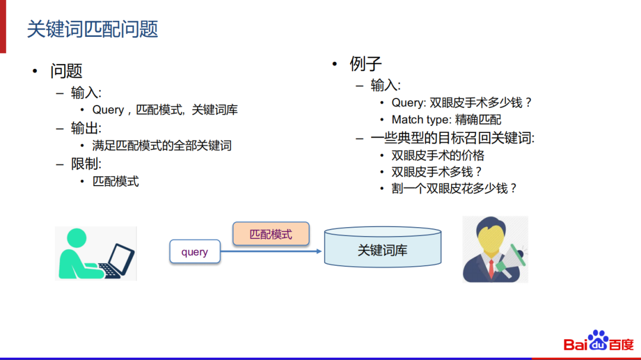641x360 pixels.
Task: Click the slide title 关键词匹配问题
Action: click(93, 29)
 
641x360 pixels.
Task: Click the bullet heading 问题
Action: click(66, 71)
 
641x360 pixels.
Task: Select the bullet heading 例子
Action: click(366, 63)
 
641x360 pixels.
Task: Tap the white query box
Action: click(195, 251)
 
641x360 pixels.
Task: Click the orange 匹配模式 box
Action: click(271, 234)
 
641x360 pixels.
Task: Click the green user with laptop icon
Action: click(96, 253)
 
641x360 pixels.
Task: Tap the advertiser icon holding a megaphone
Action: click(494, 249)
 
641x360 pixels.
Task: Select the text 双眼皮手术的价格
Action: click(438, 155)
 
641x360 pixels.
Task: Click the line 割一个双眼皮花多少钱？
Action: click(455, 189)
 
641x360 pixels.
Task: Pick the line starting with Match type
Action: click(446, 120)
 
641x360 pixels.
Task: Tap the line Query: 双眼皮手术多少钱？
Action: click(462, 103)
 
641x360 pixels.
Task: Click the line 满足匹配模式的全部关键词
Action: click(161, 145)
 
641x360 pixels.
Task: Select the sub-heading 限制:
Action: click(86, 163)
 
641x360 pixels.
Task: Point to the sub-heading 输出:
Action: click(86, 128)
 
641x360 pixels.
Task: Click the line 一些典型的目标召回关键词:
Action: click(452, 138)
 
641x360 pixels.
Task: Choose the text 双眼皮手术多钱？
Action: click(437, 172)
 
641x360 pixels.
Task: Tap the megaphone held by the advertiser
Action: click(513, 257)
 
